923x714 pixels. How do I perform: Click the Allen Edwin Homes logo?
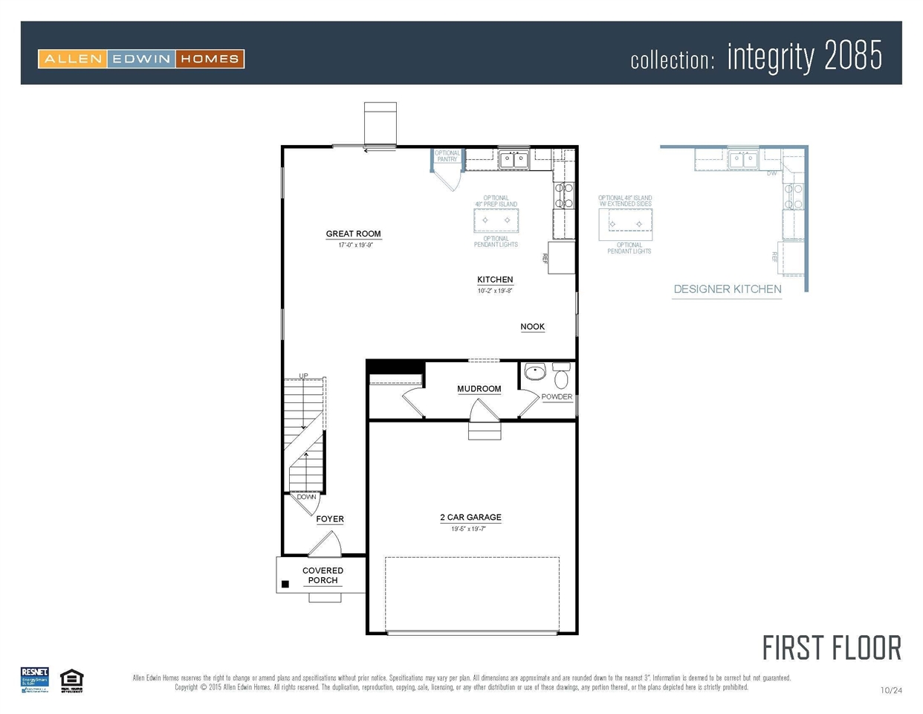[x=141, y=59]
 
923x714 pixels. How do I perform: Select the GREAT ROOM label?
[x=353, y=234]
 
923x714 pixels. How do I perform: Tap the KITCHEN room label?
[x=495, y=280]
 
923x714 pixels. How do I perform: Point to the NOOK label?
[x=532, y=327]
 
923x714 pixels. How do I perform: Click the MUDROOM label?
[x=479, y=389]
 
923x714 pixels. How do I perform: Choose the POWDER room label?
[x=557, y=397]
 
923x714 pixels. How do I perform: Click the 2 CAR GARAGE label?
[x=470, y=518]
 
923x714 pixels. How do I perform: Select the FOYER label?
[x=330, y=519]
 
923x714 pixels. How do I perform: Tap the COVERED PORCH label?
[x=323, y=576]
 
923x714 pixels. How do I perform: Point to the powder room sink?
[x=534, y=371]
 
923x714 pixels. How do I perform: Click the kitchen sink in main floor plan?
[x=513, y=159]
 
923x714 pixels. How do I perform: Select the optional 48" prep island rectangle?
[x=496, y=220]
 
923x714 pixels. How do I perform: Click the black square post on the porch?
[x=285, y=585]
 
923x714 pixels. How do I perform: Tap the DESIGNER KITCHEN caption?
[x=727, y=289]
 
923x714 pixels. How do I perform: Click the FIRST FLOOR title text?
[x=831, y=649]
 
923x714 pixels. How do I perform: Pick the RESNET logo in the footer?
[x=34, y=680]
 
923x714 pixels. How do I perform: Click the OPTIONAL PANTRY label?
[x=447, y=156]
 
